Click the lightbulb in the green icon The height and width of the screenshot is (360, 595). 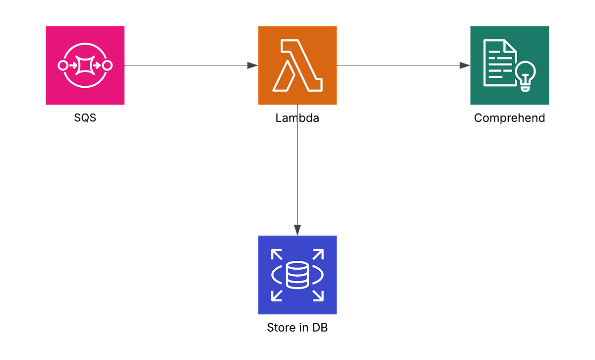point(526,75)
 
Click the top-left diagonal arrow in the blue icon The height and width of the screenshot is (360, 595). point(276,254)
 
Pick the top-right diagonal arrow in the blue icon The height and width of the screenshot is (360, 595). point(319,254)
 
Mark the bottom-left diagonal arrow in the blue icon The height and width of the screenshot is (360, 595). point(276,296)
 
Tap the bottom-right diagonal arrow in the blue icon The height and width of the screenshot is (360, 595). point(319,296)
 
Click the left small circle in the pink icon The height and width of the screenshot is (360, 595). point(62,65)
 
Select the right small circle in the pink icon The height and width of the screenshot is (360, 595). point(108,65)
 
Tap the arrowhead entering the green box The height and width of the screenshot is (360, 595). point(465,65)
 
